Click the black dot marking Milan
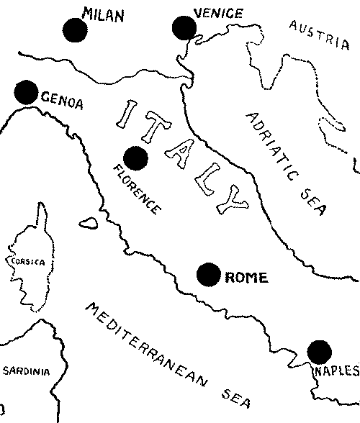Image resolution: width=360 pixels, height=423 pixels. click(75, 29)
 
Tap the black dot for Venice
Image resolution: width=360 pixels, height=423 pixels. click(185, 28)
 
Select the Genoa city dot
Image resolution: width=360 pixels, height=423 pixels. click(26, 91)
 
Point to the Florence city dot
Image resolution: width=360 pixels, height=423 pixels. click(135, 158)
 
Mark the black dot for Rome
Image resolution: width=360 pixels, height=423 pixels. click(209, 274)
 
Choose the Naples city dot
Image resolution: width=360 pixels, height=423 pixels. click(320, 352)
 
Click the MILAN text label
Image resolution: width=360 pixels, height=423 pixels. click(104, 14)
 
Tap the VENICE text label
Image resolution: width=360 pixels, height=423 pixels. click(218, 13)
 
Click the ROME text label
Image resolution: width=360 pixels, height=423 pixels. click(246, 277)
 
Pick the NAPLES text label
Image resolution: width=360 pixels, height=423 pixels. click(336, 371)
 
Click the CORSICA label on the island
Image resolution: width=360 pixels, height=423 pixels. click(27, 262)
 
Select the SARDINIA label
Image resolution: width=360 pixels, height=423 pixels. click(26, 372)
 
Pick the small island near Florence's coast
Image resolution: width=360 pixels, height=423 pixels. click(89, 223)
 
